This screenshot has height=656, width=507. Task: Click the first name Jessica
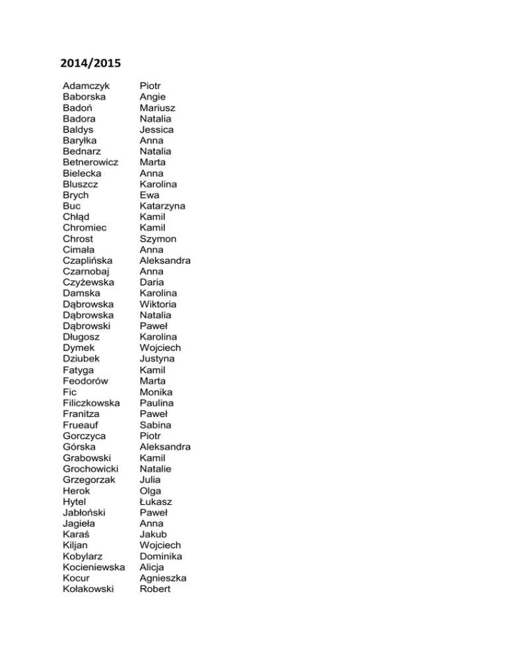156,129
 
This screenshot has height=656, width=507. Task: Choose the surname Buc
72,206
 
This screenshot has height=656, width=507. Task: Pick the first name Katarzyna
162,206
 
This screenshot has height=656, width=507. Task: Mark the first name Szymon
158,239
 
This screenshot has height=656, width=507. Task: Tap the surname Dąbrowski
90,326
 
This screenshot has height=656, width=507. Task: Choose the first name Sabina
156,424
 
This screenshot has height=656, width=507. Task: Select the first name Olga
151,490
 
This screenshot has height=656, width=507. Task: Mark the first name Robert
155,589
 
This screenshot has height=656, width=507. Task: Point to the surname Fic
70,391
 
